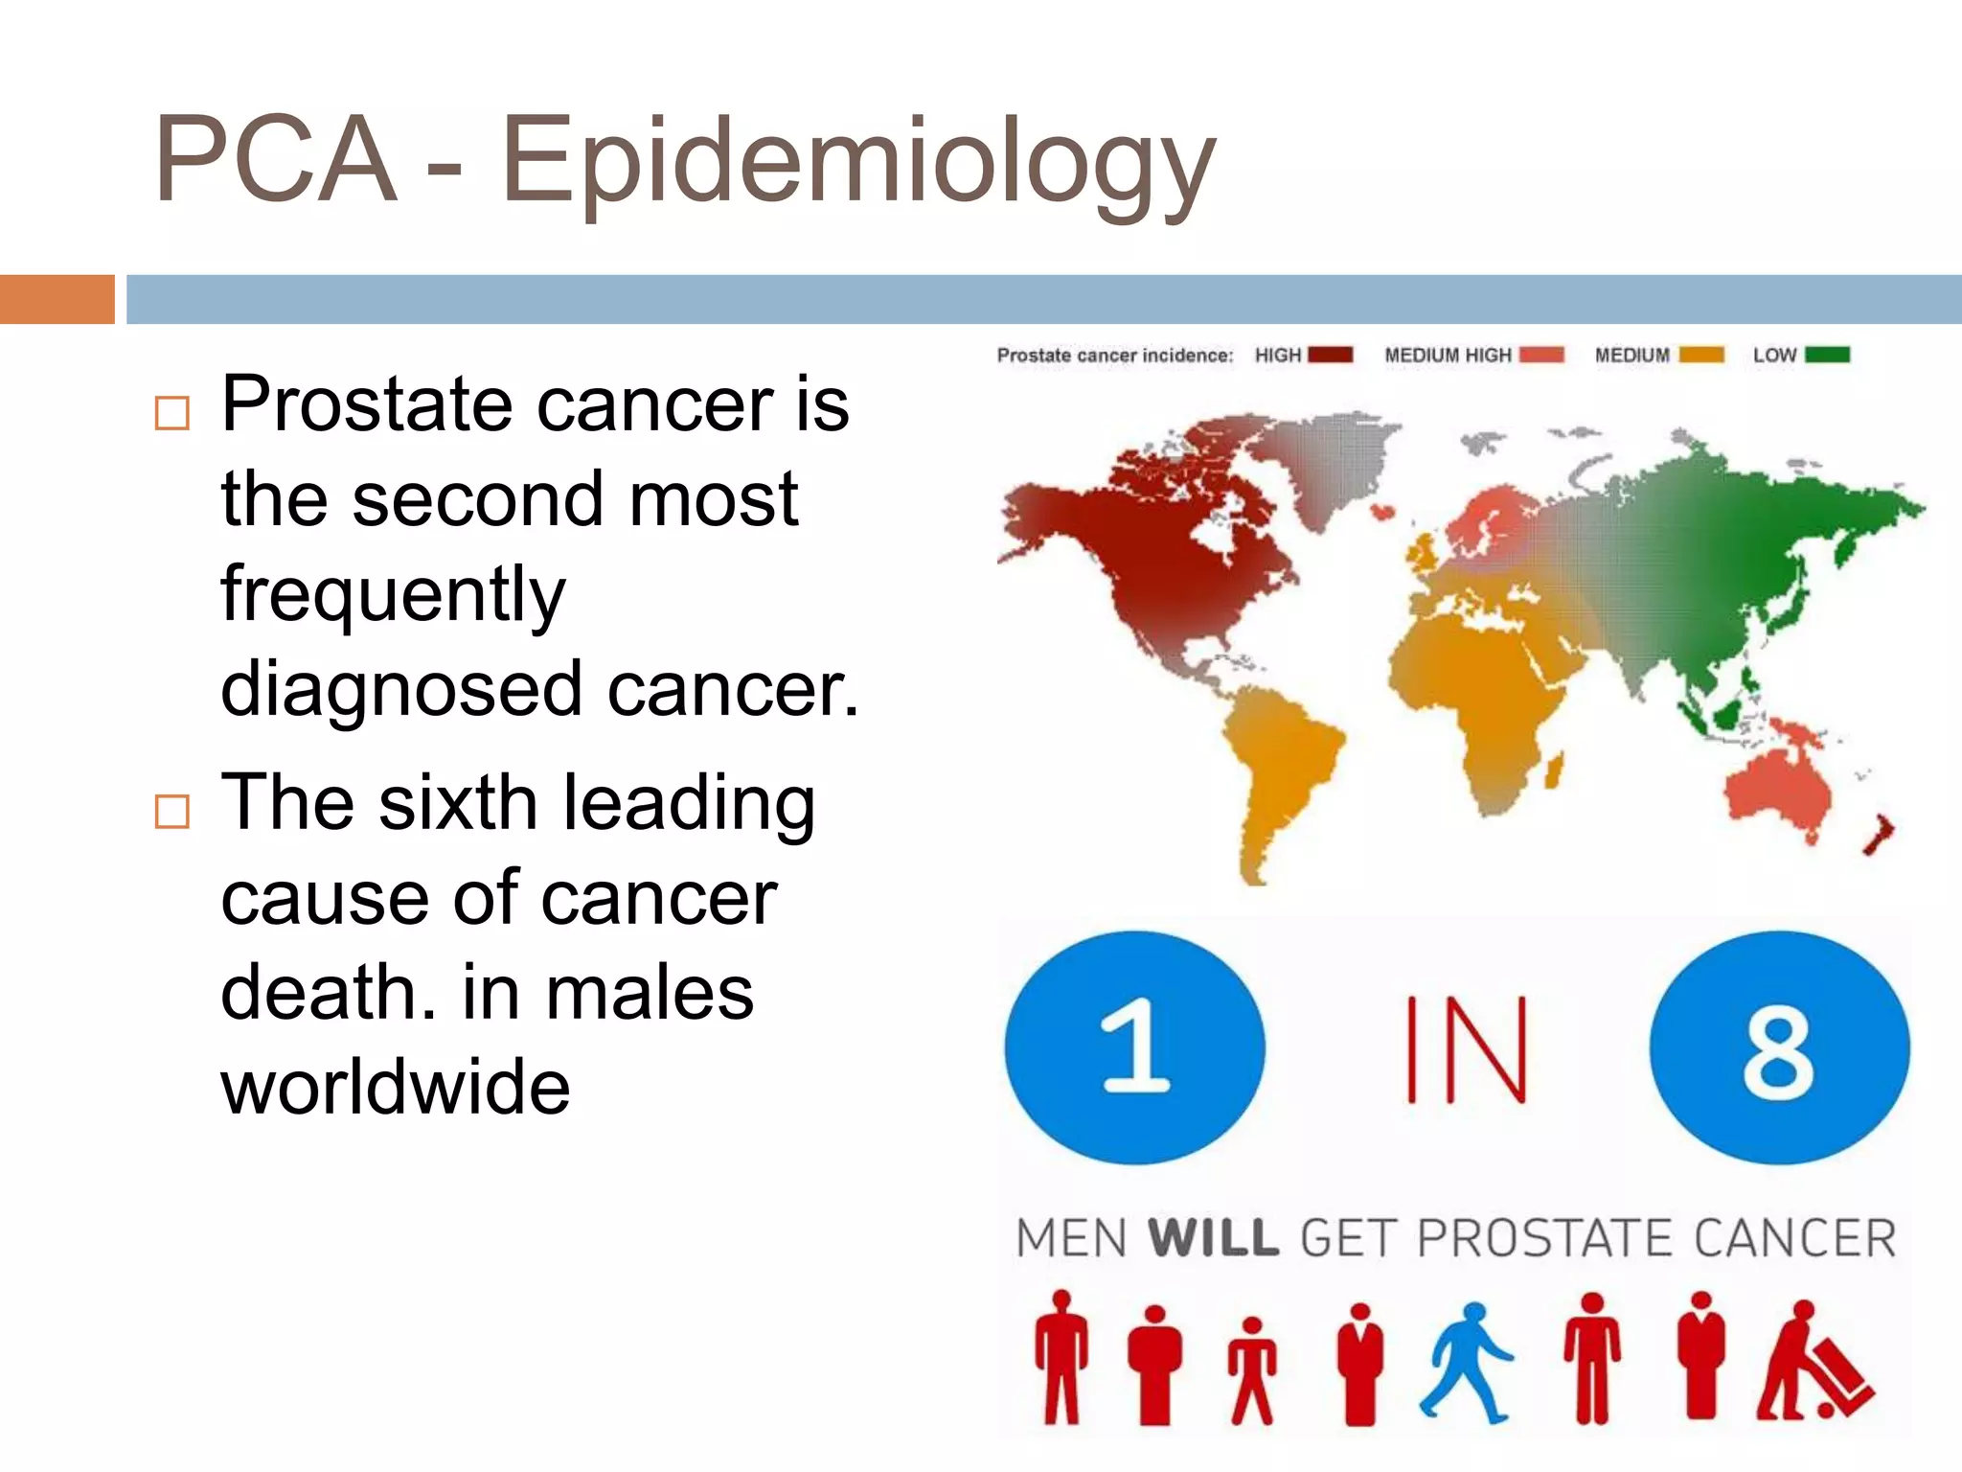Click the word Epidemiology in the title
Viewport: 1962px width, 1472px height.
(x=857, y=161)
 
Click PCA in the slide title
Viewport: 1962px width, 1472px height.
(x=275, y=161)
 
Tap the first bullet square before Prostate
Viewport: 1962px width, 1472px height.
(x=172, y=413)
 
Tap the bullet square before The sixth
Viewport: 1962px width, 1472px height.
(x=172, y=812)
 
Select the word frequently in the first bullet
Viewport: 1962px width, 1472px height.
(x=393, y=594)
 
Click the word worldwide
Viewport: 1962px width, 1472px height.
(x=396, y=1088)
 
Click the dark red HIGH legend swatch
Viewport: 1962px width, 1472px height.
(x=1330, y=355)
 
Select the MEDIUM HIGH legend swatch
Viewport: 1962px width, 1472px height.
(x=1541, y=355)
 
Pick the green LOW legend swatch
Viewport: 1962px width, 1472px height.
(x=1827, y=355)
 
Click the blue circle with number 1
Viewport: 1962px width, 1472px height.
(x=1134, y=1047)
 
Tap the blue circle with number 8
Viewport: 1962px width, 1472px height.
(x=1779, y=1047)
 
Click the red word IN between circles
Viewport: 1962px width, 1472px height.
(x=1465, y=1049)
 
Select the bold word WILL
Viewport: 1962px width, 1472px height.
(x=1213, y=1237)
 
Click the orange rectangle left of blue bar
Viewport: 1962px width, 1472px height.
(x=57, y=299)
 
